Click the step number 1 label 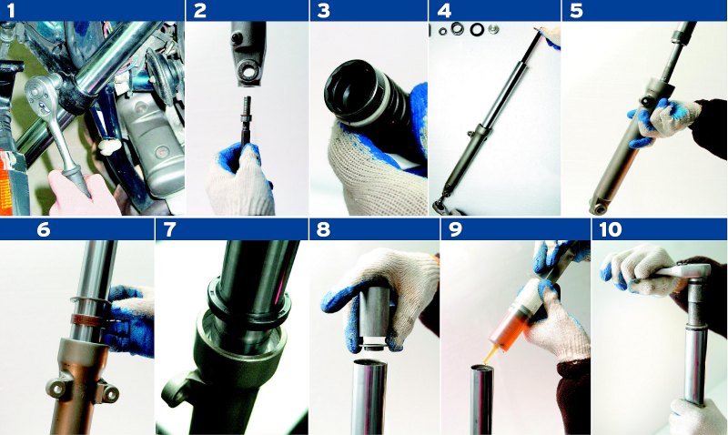point(11,11)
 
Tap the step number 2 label point(199,11)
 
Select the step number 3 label point(323,11)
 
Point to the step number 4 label point(444,11)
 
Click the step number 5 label point(576,11)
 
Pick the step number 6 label point(43,229)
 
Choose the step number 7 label point(170,229)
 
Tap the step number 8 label point(323,229)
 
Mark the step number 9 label point(456,229)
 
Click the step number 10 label point(610,229)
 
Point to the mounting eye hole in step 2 point(246,71)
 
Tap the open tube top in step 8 point(370,363)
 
